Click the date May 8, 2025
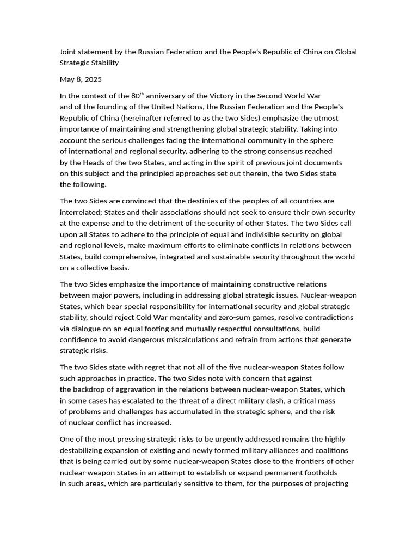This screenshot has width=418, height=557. click(81, 79)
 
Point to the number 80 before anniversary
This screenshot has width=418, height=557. click(136, 96)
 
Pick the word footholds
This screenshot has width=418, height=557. click(318, 473)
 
